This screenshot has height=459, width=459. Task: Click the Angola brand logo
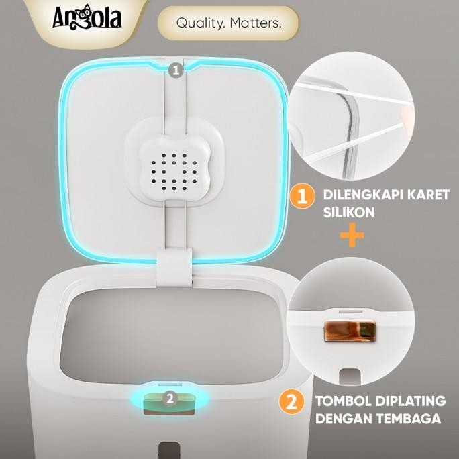[87, 17]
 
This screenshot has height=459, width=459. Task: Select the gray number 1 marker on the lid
[175, 69]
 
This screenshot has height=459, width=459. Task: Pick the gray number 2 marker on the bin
[170, 398]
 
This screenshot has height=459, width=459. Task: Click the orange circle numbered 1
[303, 197]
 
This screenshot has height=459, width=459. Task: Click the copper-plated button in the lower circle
[348, 330]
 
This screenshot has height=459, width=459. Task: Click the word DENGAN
[346, 419]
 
